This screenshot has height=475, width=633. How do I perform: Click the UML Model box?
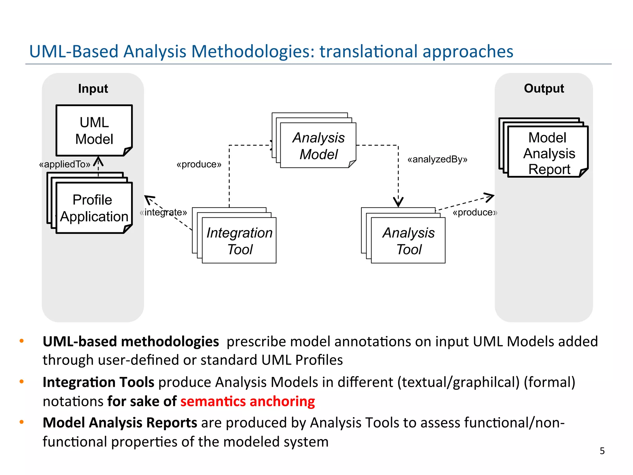(x=94, y=131)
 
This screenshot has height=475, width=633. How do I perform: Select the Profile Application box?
(x=94, y=208)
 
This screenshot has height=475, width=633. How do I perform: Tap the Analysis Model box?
(x=318, y=146)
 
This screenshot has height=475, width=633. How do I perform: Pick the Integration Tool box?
(x=239, y=241)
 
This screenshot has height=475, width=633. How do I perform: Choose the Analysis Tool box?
(x=408, y=241)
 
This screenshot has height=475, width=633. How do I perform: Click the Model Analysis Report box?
(x=548, y=152)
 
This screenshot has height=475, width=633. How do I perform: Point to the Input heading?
(x=93, y=88)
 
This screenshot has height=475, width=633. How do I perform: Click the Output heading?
(x=544, y=88)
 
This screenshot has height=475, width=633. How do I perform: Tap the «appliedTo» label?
(x=65, y=164)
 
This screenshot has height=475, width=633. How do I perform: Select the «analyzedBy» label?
(x=437, y=159)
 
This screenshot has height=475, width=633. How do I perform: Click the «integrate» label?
(x=163, y=212)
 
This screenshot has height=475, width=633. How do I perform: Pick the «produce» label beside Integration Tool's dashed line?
(x=199, y=164)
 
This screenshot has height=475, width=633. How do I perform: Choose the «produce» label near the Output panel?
(x=475, y=212)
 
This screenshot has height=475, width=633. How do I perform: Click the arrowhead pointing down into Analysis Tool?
(x=398, y=203)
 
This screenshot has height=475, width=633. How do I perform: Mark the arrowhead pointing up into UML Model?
(x=98, y=161)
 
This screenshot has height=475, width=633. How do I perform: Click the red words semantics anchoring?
(x=248, y=401)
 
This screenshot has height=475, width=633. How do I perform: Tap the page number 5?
(x=602, y=451)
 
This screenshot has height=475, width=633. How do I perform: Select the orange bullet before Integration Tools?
(x=22, y=382)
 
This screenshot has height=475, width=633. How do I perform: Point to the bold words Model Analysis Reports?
(x=120, y=423)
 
